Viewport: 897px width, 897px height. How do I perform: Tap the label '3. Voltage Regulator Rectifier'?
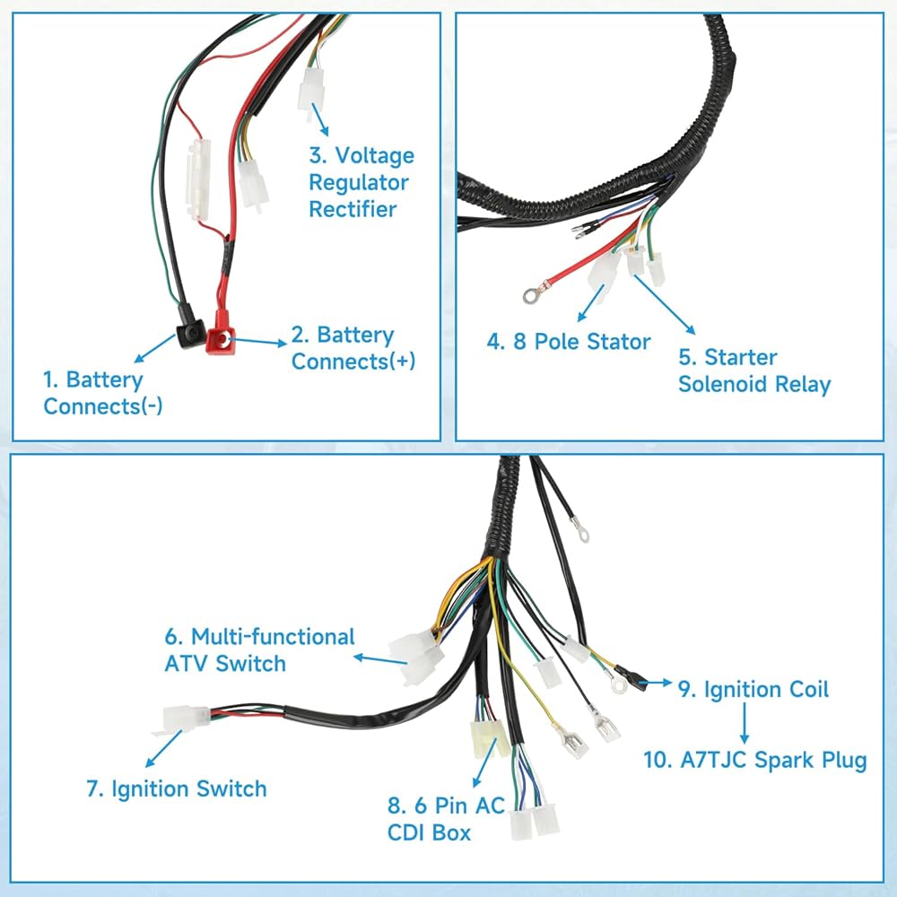tap(361, 182)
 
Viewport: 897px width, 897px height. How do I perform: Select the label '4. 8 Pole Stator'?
tap(569, 342)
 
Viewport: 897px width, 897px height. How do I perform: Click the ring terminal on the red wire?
tap(530, 295)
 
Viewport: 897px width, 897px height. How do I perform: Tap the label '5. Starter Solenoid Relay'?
tap(754, 370)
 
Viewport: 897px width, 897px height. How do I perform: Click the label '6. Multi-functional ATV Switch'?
tap(260, 649)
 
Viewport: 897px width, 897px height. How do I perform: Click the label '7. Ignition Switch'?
tap(177, 788)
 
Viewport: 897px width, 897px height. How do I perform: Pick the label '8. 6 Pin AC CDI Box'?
tap(446, 819)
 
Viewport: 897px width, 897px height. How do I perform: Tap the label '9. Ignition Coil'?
tap(753, 689)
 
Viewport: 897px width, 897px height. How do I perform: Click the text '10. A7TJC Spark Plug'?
tap(755, 761)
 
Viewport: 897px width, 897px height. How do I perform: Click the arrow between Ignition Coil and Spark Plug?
tap(745, 722)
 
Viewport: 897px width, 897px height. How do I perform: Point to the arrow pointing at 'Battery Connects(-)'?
tap(155, 348)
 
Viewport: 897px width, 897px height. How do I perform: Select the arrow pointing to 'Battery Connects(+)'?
tap(257, 342)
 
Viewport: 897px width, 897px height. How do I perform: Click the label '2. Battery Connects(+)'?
tap(353, 348)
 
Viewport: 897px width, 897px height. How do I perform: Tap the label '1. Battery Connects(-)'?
tap(103, 393)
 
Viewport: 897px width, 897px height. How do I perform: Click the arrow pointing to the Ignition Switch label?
tap(164, 749)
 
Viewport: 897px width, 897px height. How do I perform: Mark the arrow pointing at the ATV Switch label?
tap(380, 659)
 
